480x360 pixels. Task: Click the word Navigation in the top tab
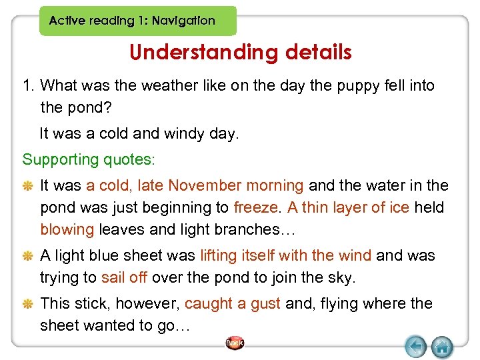point(183,21)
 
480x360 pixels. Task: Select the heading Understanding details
point(241,52)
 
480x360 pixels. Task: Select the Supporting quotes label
point(89,159)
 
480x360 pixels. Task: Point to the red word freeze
point(257,207)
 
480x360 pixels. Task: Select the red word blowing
point(67,229)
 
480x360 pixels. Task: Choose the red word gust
point(265,304)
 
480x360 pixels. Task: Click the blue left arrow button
point(416,347)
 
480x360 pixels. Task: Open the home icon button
point(442,347)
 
